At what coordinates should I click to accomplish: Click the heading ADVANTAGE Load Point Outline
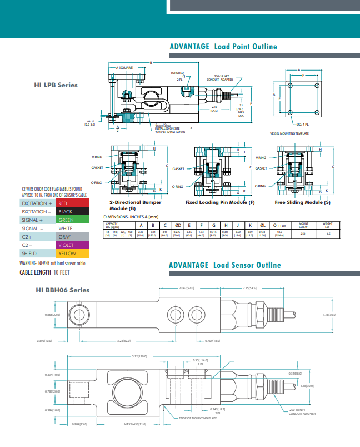pos(223,47)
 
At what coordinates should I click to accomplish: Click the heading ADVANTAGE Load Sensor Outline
pos(225,265)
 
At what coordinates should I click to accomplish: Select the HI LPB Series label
pos(56,85)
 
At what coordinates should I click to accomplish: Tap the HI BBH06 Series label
pos(62,290)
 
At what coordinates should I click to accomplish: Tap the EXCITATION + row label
pos(37,203)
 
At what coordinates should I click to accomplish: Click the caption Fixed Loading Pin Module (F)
pos(220,202)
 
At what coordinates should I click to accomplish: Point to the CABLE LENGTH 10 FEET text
pos(44,272)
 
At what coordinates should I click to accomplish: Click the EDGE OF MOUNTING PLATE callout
pos(198,418)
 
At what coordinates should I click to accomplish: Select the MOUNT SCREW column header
pos(303,225)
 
